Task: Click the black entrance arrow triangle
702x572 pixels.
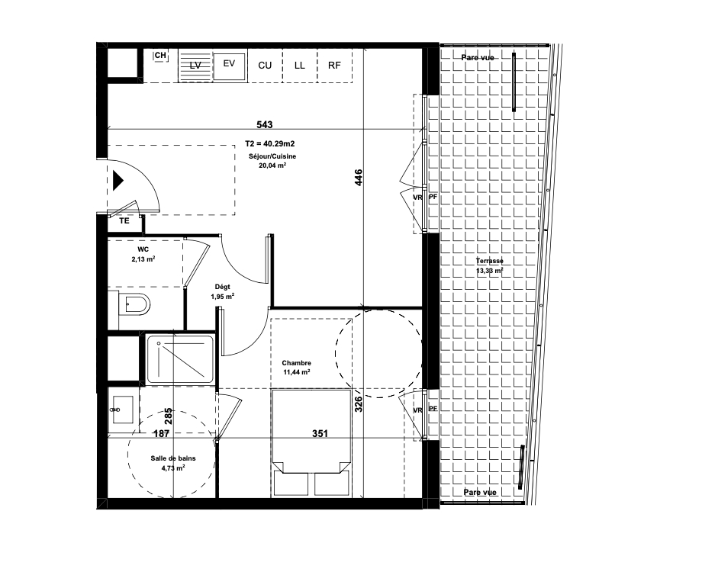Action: tap(118, 181)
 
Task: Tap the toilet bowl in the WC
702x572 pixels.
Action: tap(135, 306)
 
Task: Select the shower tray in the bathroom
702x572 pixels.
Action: tap(180, 359)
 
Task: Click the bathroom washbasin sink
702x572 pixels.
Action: tap(123, 409)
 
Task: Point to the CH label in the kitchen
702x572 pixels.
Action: tap(160, 56)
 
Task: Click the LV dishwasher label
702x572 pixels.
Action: tap(195, 66)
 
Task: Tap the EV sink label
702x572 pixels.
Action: tap(229, 63)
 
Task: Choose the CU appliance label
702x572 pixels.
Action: tap(265, 66)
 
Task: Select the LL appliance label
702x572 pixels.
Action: tap(300, 66)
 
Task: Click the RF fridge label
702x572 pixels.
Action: tap(334, 66)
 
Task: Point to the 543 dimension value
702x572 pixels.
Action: tap(264, 124)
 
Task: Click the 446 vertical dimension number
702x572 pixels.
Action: tap(358, 178)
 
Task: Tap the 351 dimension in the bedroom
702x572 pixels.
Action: tap(320, 433)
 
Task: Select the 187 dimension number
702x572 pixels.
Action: tap(161, 433)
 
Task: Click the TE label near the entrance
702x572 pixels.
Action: tap(124, 220)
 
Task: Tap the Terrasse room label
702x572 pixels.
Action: tap(489, 261)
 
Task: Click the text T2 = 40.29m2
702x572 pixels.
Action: tap(270, 143)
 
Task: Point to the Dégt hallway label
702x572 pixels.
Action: tap(223, 287)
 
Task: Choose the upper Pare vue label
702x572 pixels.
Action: tap(478, 58)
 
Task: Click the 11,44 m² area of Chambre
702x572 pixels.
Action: tap(297, 372)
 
